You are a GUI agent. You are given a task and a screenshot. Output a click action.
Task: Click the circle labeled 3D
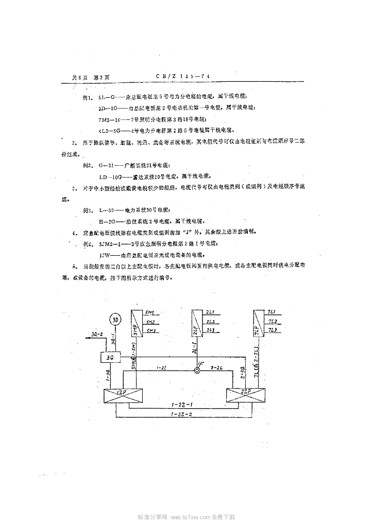click(x=115, y=320)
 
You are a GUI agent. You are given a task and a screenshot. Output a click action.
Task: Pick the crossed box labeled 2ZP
click(x=245, y=396)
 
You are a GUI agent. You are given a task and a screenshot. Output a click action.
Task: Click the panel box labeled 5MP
click(x=135, y=324)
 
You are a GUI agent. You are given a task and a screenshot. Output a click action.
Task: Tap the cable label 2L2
click(x=210, y=322)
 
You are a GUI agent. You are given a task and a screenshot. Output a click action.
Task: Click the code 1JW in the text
click(x=104, y=254)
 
